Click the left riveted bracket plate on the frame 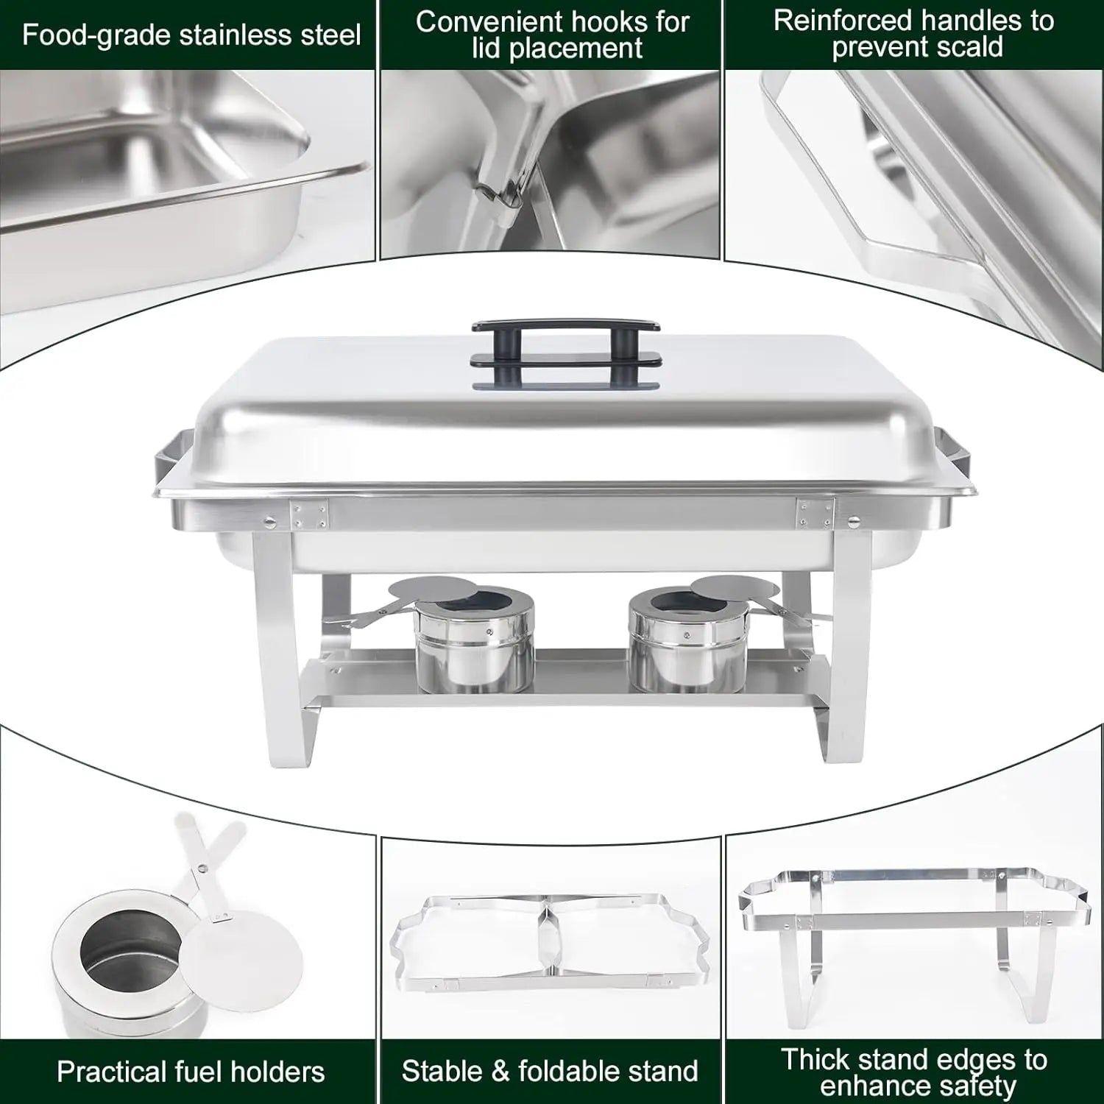coord(309,514)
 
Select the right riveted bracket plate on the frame coord(814,513)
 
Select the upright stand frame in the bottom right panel coord(913,938)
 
